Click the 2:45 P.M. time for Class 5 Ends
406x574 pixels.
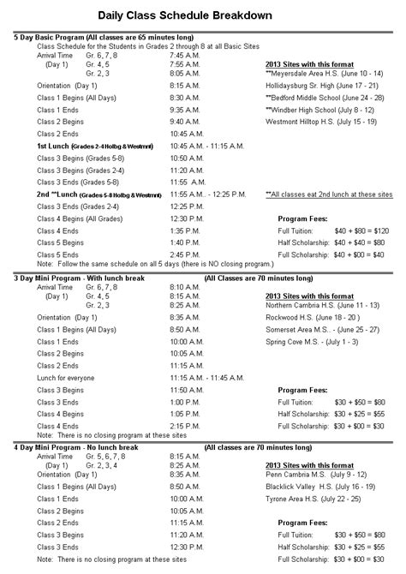coord(185,255)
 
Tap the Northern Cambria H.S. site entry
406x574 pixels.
coord(321,305)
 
